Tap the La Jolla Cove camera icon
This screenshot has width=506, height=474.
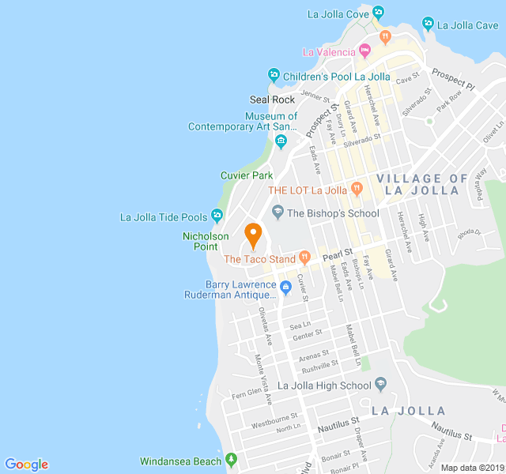point(378,13)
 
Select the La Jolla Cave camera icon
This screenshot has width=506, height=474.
point(429,24)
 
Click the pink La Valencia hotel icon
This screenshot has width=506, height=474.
point(364,51)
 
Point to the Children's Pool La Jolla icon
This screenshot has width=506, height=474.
point(274,76)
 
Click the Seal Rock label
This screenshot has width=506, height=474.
point(272,100)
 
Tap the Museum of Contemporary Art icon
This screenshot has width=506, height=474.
point(281,141)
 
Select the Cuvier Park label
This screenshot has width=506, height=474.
point(246,175)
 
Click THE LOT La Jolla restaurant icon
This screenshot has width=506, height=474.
point(357,189)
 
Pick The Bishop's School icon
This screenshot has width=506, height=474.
point(278,212)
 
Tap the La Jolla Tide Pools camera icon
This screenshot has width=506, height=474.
point(217,216)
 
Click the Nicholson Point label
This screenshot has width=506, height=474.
point(206,241)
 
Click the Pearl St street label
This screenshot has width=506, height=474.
point(336,254)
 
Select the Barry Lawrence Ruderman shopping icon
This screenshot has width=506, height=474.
point(287,288)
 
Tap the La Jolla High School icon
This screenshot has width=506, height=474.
point(380,385)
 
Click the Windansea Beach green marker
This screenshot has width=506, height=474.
point(231,460)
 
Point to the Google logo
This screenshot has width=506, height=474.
point(26,465)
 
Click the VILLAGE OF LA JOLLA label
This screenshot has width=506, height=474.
point(422,184)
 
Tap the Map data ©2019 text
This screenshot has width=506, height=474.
point(471,468)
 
